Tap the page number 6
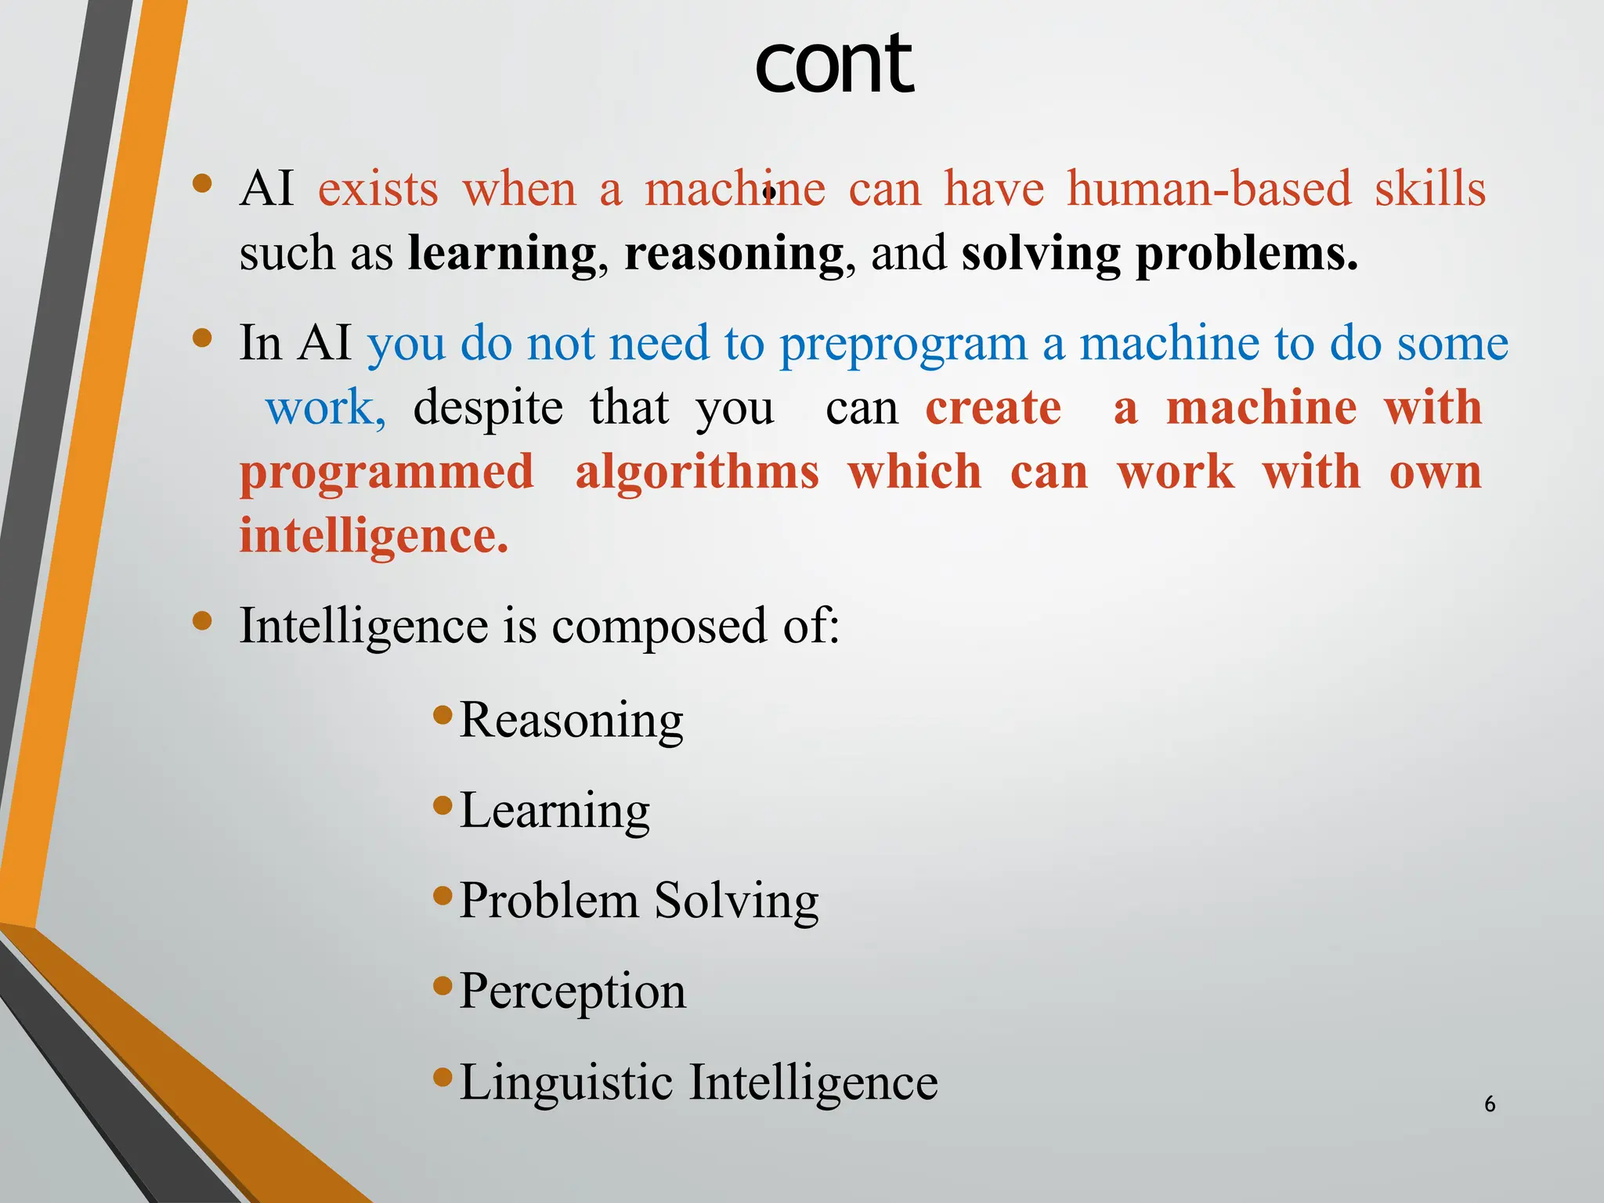(1489, 1104)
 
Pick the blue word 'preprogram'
(902, 345)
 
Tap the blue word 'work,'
(325, 408)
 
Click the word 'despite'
(487, 408)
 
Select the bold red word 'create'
(993, 408)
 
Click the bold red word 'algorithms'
(697, 473)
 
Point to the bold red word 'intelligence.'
(374, 537)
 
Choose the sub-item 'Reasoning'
(571, 720)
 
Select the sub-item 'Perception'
(572, 992)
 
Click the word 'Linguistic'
(565, 1082)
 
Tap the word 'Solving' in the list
(736, 901)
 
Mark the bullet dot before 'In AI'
(202, 338)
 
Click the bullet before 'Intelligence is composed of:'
(202, 621)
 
